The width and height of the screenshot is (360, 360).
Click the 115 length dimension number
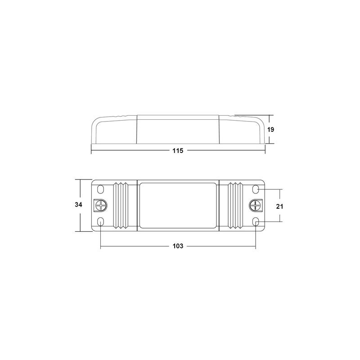coord(178,151)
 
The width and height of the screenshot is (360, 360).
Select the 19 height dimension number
coord(271,129)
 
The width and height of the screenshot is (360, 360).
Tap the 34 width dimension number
coord(78,205)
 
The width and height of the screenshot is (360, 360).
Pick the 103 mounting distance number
coord(178,246)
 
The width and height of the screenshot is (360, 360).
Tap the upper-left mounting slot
coord(100,189)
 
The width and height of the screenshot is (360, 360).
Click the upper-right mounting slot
coord(256,189)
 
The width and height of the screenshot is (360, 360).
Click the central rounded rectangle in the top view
coord(178,205)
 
